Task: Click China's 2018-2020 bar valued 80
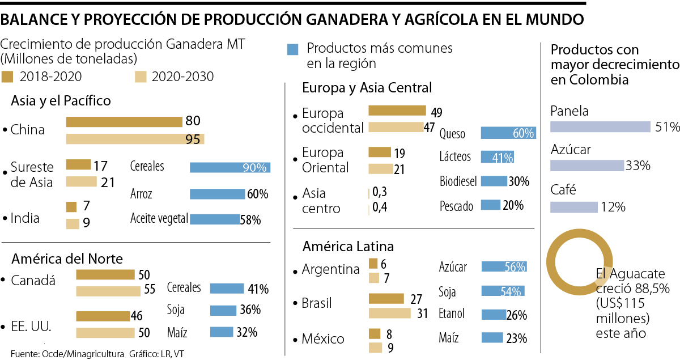[125, 121]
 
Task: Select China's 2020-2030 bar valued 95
[135, 139]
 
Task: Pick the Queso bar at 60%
[508, 133]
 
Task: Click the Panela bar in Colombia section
[600, 127]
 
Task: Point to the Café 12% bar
[574, 207]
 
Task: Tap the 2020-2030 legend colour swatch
[142, 77]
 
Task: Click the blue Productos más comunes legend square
[293, 49]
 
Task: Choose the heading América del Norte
[67, 259]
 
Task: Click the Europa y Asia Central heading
[367, 88]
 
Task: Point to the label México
[323, 339]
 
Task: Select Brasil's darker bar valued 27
[386, 299]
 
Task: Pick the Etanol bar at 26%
[493, 314]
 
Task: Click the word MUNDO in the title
[554, 20]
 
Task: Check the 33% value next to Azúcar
[637, 166]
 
